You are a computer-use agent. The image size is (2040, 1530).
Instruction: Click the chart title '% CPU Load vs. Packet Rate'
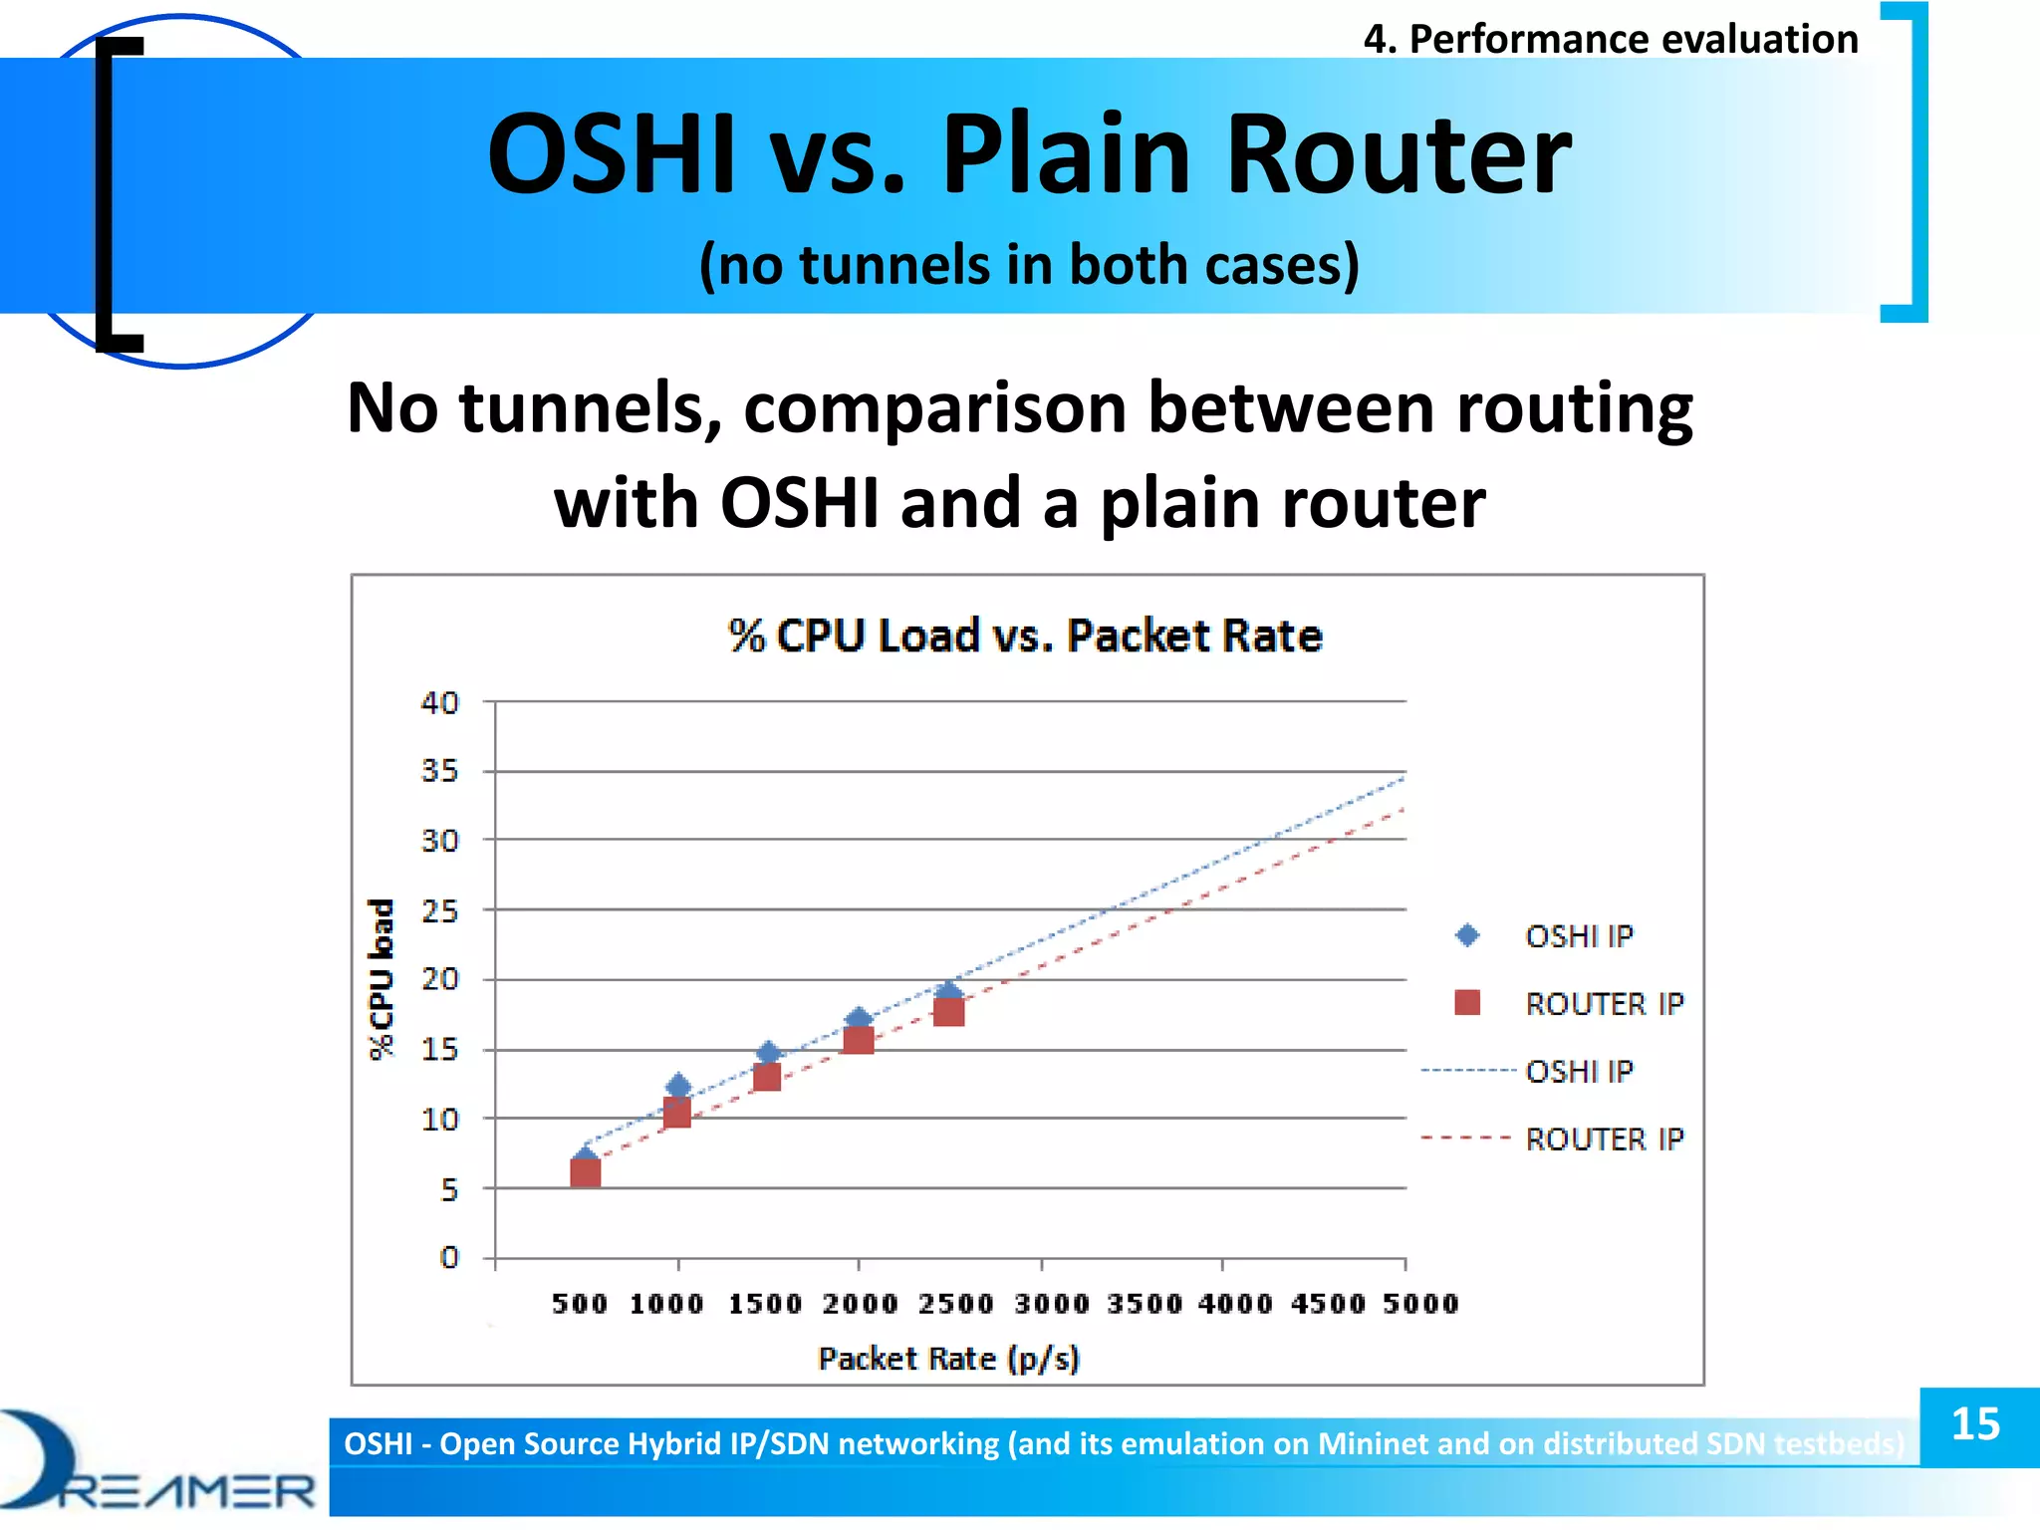1025,637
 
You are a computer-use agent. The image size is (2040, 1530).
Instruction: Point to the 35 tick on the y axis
439,771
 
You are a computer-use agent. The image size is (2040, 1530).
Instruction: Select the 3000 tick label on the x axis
1052,1304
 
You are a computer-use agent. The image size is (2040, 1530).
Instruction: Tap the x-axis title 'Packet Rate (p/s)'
948,1359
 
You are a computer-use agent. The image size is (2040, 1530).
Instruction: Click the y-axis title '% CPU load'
382,980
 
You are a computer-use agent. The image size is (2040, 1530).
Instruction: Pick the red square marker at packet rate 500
586,1172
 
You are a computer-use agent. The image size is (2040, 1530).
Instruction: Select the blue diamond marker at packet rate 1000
678,1086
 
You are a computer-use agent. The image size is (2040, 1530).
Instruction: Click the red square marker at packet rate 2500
948,1011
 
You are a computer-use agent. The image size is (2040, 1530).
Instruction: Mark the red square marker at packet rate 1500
767,1077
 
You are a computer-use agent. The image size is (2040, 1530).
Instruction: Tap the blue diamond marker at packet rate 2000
859,1018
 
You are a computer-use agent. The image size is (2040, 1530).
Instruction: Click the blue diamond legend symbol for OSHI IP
1467,935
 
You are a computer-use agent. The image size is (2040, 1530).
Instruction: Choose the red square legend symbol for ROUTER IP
1467,1002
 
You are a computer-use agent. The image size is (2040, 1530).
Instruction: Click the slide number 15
1976,1424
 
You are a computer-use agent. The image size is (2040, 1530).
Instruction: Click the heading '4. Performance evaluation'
1610,40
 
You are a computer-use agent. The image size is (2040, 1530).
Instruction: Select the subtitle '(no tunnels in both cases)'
1029,265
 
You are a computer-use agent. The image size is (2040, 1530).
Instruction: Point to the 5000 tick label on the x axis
1419,1304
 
